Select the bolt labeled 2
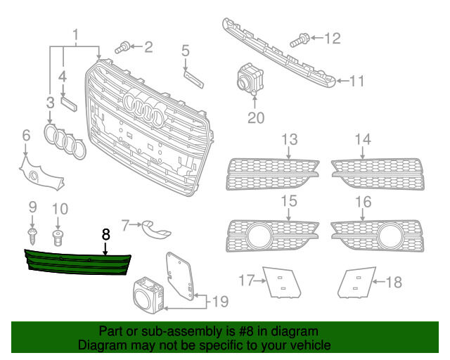(x=121, y=47)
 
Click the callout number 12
(x=331, y=37)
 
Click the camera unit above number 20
(x=247, y=78)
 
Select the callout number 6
(x=25, y=135)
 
